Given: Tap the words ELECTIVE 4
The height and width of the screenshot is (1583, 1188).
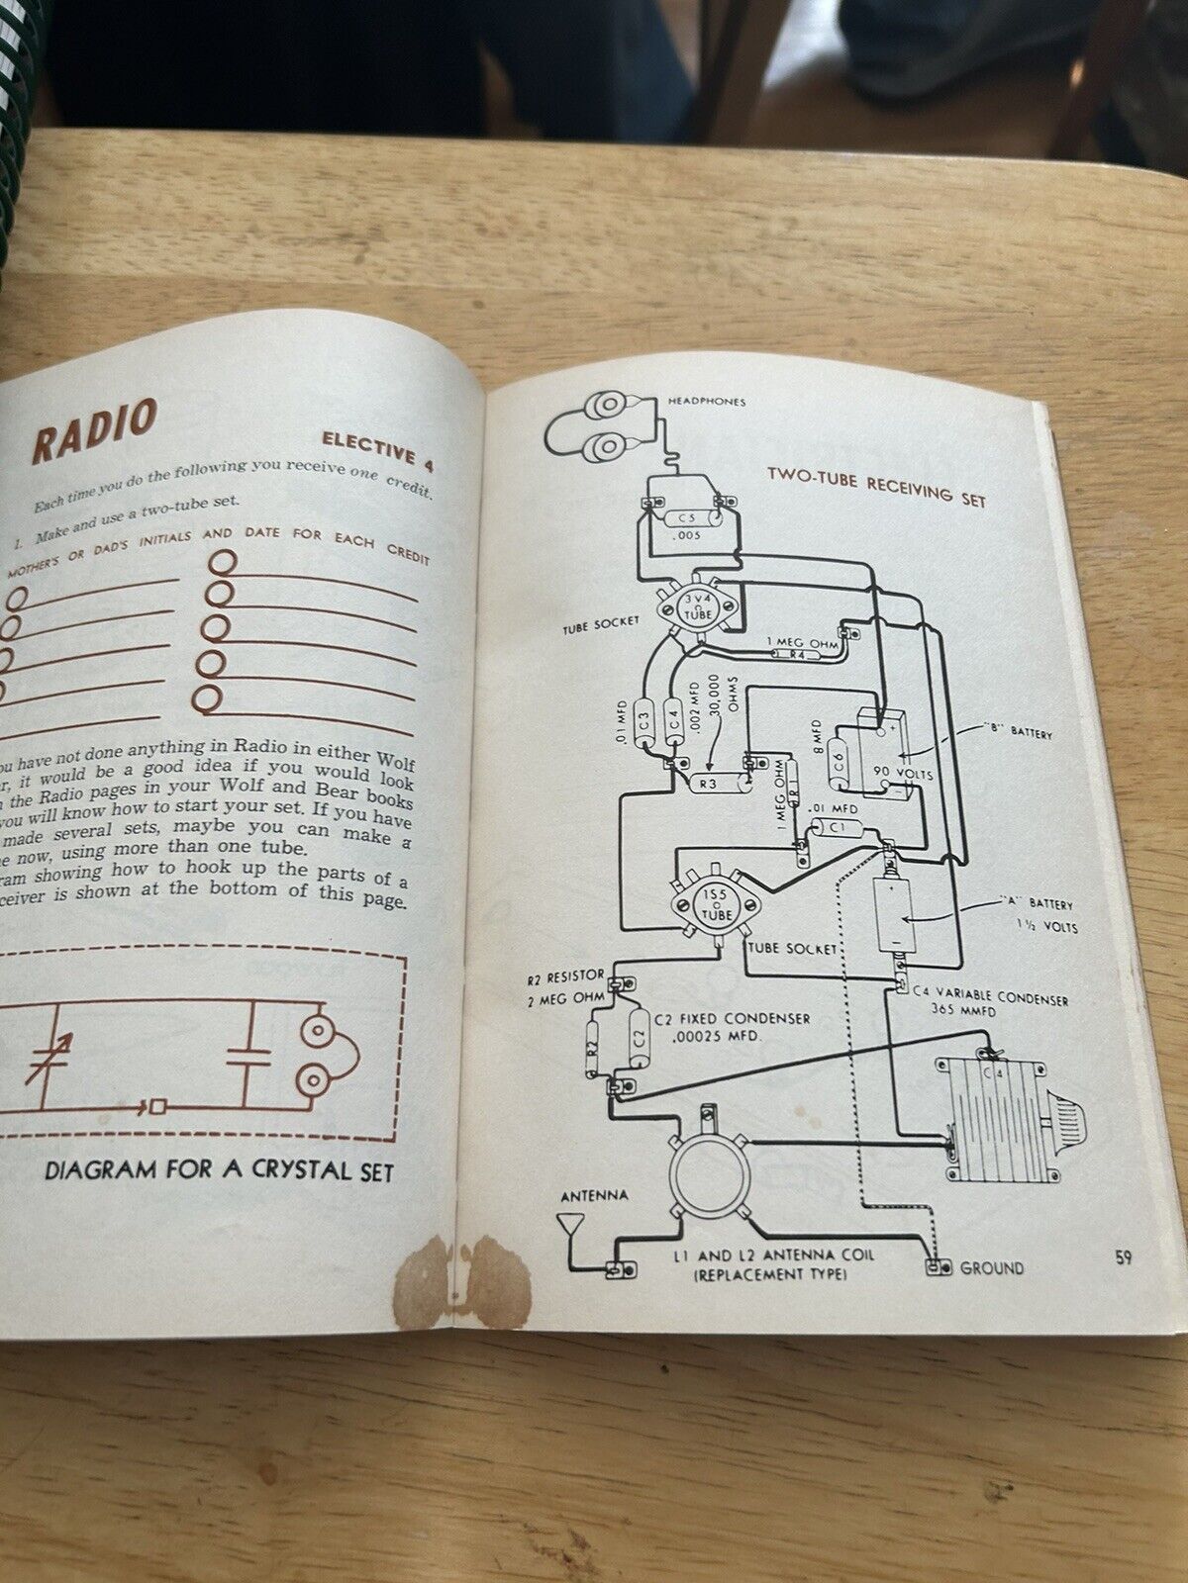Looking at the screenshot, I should [x=377, y=452].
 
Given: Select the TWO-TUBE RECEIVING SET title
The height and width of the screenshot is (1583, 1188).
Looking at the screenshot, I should [x=877, y=485].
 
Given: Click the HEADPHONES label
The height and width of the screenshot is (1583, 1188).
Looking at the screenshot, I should [x=707, y=401].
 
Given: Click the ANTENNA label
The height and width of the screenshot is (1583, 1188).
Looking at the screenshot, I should [x=594, y=1195].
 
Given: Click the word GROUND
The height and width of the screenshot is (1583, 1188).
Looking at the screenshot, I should [x=993, y=1267].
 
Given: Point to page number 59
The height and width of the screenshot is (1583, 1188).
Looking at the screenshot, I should [x=1123, y=1258].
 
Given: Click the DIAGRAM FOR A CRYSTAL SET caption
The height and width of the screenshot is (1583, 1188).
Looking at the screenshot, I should [x=219, y=1171].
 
